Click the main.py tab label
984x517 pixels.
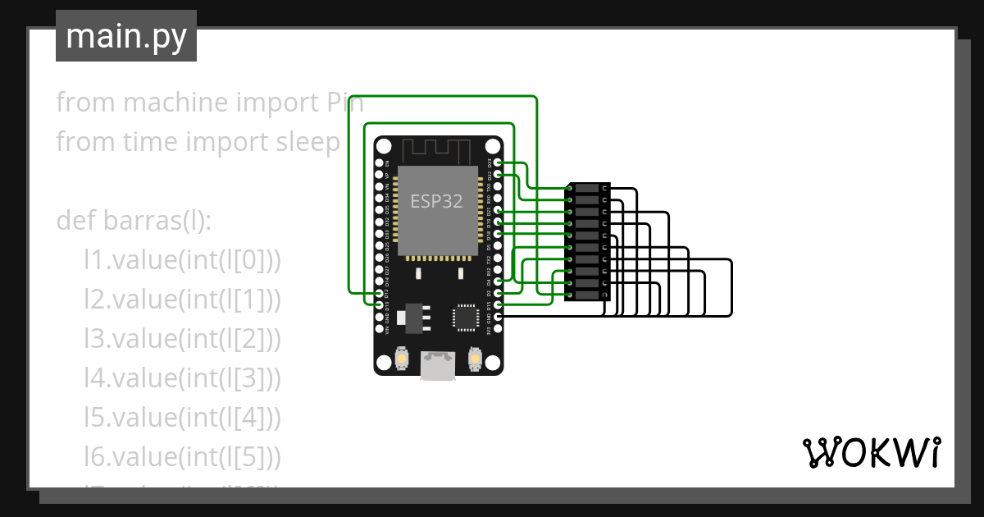pos(126,36)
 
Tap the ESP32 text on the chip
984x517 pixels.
pos(437,202)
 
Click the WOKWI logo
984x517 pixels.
pos(870,453)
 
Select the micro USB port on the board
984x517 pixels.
pos(439,366)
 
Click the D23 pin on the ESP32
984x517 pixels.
pos(498,163)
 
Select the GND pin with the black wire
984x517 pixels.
pos(498,316)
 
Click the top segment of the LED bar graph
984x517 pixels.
pos(587,189)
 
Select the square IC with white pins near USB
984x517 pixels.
pos(465,318)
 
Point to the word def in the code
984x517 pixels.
pos(75,221)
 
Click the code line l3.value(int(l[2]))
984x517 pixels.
pos(182,339)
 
